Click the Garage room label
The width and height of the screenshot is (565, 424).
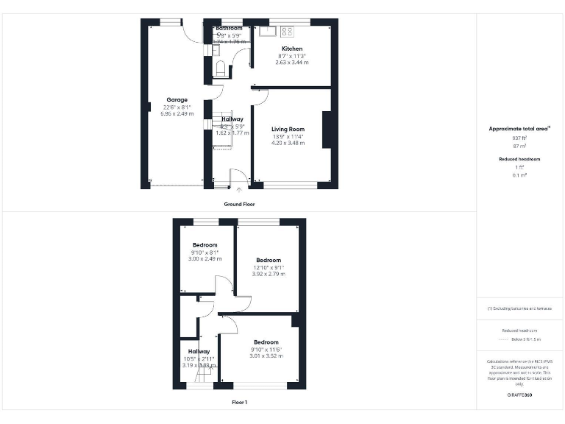[177, 99]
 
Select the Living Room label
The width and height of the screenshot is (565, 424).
[288, 129]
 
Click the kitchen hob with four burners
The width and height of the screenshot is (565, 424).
[287, 31]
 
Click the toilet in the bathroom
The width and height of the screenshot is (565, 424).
[220, 68]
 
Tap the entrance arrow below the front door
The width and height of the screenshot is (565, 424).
[238, 191]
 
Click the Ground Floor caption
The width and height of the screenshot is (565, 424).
[239, 202]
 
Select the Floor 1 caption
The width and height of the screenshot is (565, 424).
[239, 403]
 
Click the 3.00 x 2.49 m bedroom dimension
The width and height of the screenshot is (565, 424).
[205, 259]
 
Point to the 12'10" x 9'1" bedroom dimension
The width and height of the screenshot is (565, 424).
[268, 267]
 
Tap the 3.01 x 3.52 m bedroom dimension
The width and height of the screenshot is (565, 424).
[266, 356]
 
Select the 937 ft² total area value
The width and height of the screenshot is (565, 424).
[519, 138]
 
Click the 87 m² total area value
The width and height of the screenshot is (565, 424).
[519, 146]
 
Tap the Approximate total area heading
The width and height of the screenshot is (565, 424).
[519, 129]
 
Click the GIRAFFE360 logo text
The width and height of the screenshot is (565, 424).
[519, 395]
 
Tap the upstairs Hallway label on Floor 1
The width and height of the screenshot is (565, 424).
[199, 351]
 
